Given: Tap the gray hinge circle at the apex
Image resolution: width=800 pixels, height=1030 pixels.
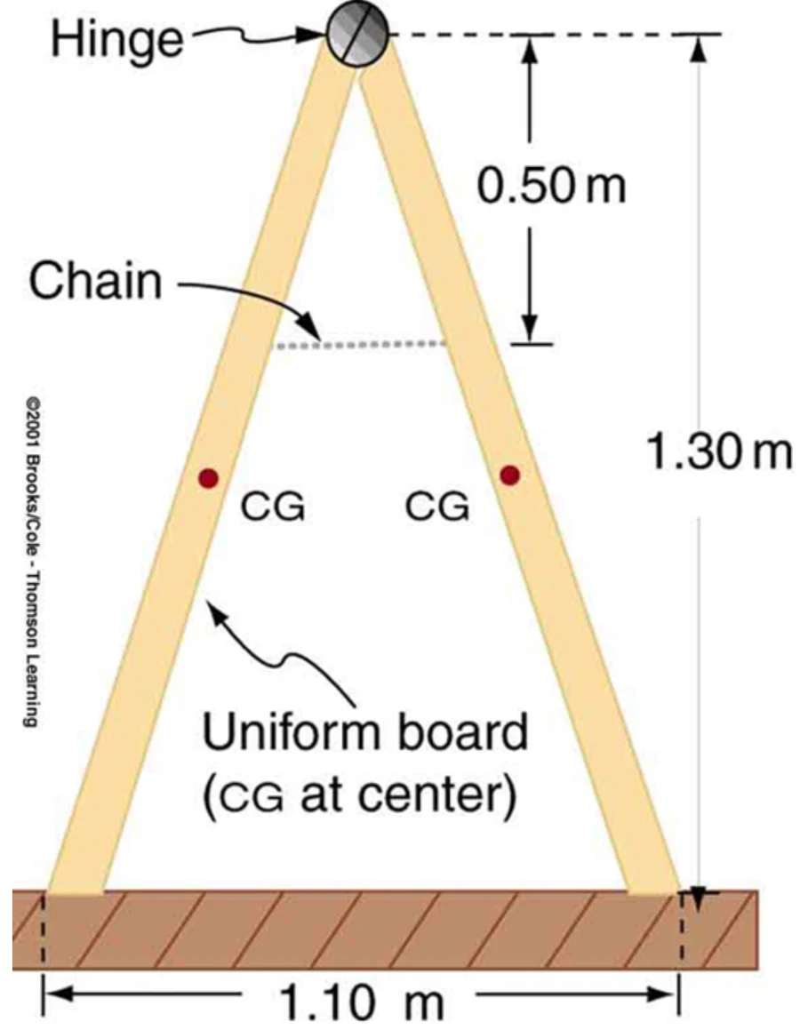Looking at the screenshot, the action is [x=358, y=34].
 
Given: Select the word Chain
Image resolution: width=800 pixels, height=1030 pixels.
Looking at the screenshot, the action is [x=95, y=281].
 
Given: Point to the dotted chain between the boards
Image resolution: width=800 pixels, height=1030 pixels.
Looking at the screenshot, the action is [x=360, y=344].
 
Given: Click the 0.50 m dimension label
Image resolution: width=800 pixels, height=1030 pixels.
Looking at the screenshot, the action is [x=552, y=185].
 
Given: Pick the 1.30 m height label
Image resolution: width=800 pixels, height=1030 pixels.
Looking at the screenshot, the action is [x=719, y=452].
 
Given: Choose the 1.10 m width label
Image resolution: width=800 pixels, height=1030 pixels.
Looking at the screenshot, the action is [x=362, y=1001].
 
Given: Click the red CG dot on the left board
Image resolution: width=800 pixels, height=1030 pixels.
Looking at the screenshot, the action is [x=208, y=477].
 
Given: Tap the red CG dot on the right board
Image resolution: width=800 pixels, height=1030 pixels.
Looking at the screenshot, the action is [x=509, y=475].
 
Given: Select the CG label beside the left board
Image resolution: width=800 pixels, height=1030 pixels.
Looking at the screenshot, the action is [x=273, y=507].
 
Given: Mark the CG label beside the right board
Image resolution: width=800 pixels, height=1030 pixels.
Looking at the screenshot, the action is [x=437, y=507].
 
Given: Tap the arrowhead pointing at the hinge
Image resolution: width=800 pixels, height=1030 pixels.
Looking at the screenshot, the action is [x=314, y=35].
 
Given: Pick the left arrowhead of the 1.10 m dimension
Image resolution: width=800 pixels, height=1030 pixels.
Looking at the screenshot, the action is [x=58, y=994].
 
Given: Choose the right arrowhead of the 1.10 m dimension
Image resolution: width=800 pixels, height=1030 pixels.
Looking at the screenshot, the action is [x=663, y=994].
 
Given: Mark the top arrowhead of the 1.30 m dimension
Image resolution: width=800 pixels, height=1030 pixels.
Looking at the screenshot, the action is [x=699, y=47].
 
